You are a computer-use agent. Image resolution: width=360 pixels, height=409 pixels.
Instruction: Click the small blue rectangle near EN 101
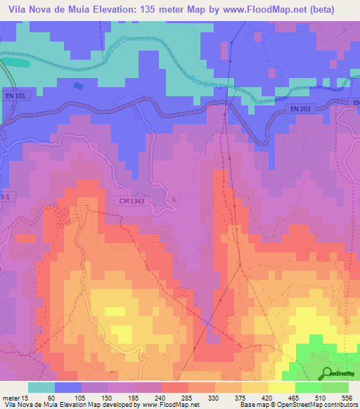coord(77,86)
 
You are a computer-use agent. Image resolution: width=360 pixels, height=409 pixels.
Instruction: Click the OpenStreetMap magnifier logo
coord(327,373)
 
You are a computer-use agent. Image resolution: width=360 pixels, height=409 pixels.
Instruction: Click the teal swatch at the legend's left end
coord(41,387)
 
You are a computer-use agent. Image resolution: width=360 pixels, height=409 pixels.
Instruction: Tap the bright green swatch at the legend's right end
coord(335,387)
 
